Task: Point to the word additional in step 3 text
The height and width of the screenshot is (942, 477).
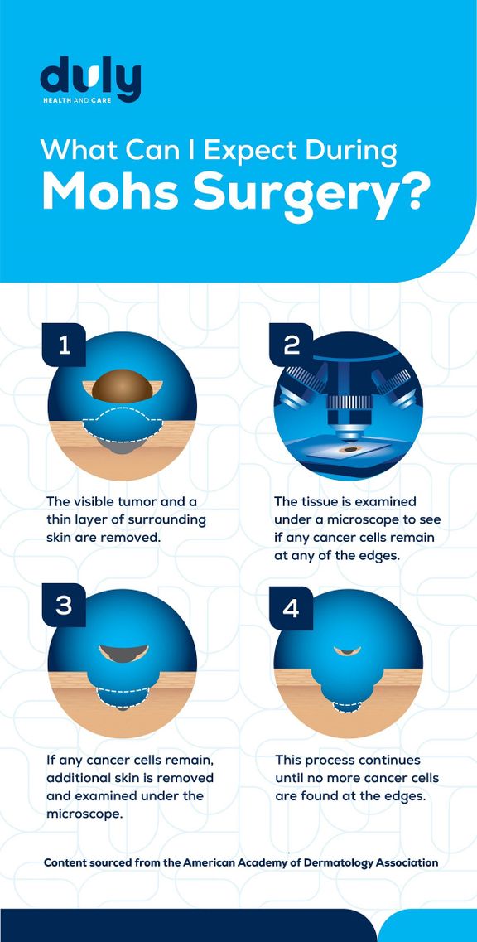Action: click(79, 778)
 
